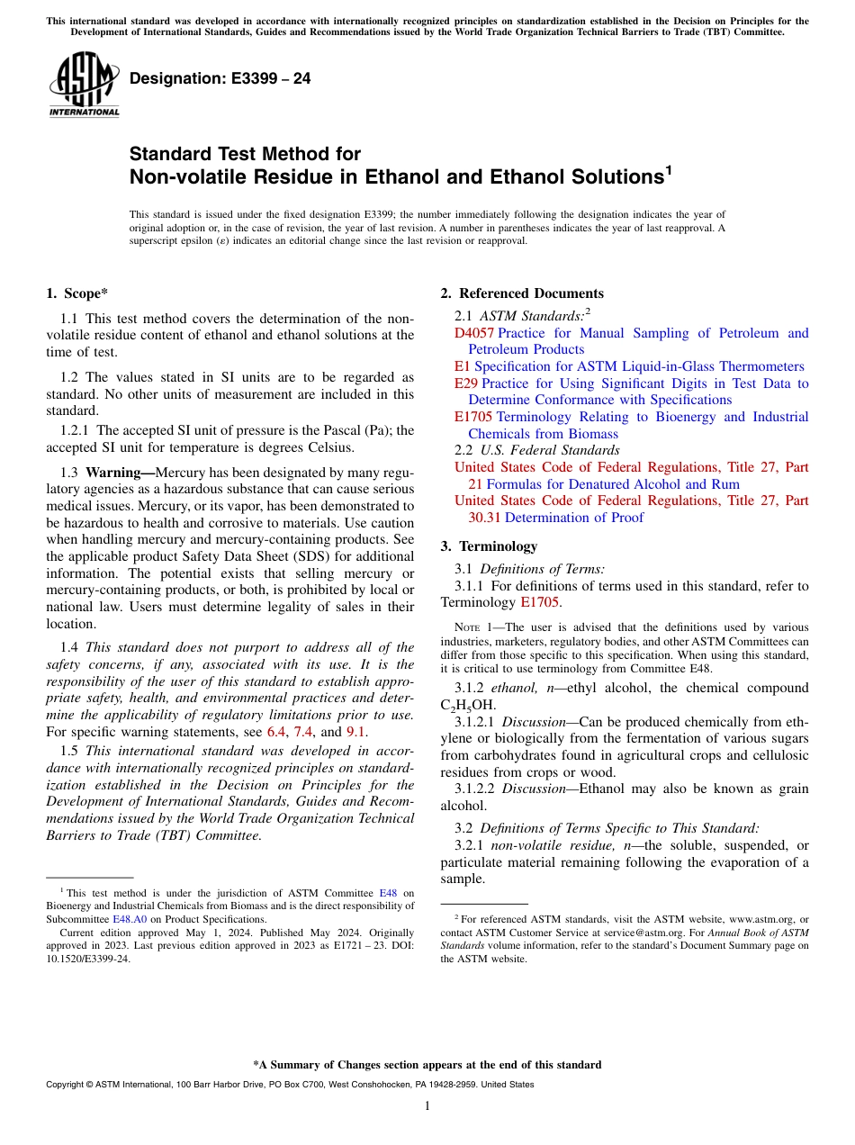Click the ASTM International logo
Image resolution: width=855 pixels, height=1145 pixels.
coord(84,84)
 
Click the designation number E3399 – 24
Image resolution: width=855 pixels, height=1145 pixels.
coord(220,78)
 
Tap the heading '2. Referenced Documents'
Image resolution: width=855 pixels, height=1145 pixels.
coord(522,293)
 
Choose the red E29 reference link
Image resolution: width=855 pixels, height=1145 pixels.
coord(466,383)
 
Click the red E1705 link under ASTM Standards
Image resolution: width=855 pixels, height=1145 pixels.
coord(473,417)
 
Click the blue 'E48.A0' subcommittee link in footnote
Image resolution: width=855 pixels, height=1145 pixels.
coord(129,919)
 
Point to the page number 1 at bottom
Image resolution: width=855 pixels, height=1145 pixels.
coord(427,1105)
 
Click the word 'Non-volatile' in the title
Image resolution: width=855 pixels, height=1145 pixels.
coord(184,176)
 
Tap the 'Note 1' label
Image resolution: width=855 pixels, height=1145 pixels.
coord(477,627)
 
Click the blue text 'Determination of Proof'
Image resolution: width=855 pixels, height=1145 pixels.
coord(574,518)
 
